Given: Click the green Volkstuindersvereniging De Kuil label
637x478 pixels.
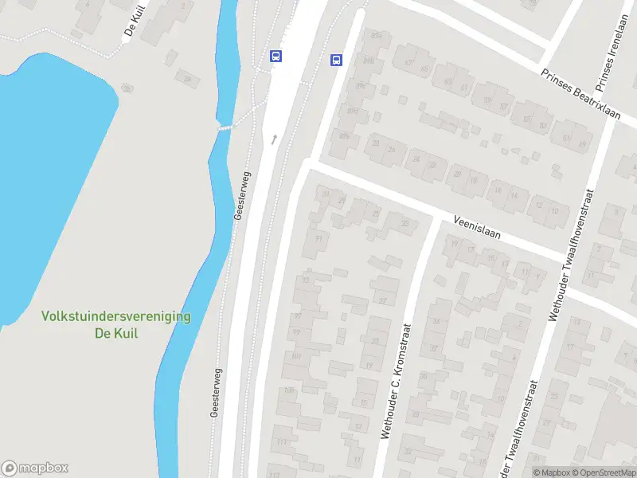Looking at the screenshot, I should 115,325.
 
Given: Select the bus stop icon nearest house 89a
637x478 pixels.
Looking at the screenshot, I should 336,60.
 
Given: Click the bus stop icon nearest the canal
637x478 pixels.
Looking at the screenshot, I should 276,55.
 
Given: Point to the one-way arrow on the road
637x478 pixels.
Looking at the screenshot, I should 275,139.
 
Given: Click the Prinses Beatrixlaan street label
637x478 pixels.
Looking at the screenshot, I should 579,94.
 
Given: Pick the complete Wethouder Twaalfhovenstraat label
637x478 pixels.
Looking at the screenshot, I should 571,255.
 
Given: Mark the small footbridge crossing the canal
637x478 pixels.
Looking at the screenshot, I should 227,127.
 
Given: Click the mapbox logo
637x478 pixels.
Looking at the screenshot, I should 35,468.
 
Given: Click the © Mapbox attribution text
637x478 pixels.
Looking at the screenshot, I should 551,472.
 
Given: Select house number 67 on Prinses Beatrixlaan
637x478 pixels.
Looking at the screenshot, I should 409,63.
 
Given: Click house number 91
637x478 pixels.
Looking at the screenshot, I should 318,239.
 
